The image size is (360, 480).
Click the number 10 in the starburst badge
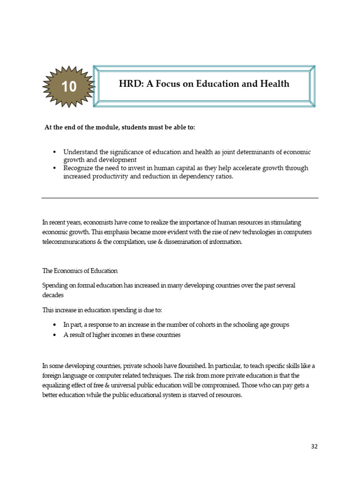(69, 87)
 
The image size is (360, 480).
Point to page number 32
(314, 446)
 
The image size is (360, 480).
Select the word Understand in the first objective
(81, 152)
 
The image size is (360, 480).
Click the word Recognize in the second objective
(80, 168)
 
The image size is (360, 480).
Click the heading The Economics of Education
(80, 271)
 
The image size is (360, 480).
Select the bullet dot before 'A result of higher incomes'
(55, 335)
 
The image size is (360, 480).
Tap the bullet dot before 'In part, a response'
(55, 325)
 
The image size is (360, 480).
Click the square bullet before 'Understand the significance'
(54, 153)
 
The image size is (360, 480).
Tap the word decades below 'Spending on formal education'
(53, 296)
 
